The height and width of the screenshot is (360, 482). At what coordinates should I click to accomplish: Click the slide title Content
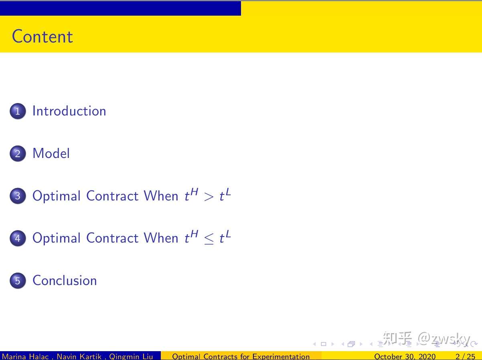tap(43, 36)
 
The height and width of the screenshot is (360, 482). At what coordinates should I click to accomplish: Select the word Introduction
tap(69, 111)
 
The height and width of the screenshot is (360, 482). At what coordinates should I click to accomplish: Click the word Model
tap(51, 154)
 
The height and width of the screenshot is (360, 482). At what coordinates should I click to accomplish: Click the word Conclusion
tap(65, 281)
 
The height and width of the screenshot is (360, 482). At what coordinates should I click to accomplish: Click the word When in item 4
tap(161, 238)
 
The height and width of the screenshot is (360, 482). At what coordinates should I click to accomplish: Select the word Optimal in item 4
tap(57, 238)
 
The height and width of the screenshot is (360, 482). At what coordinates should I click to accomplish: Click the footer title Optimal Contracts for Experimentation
tap(241, 356)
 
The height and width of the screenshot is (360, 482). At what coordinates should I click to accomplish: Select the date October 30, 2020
tap(405, 356)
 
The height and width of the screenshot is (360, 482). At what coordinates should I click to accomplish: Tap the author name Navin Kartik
tap(79, 356)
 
